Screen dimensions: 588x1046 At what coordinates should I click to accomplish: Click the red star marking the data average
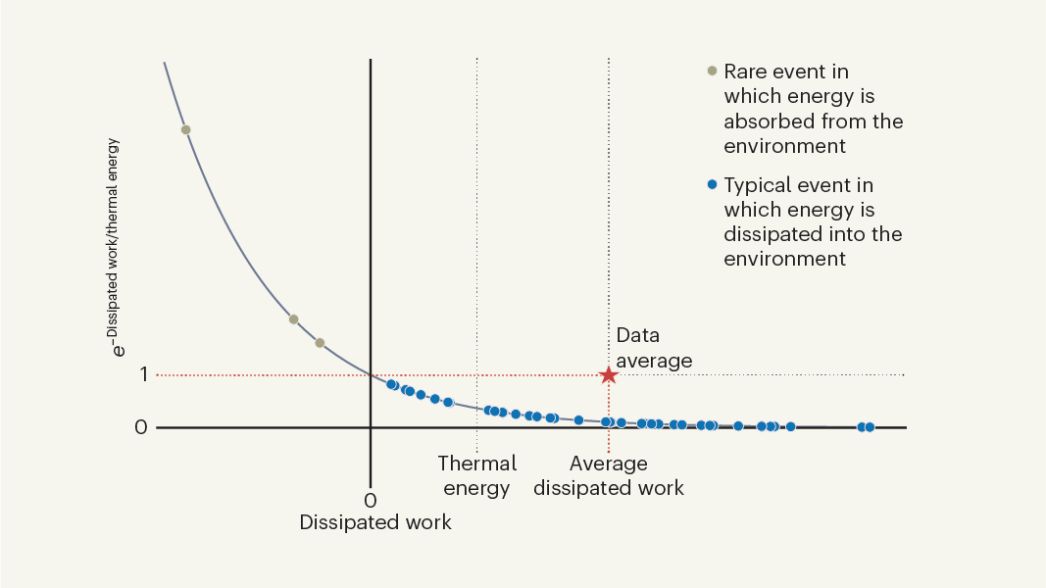[609, 374]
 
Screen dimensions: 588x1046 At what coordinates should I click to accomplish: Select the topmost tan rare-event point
[185, 129]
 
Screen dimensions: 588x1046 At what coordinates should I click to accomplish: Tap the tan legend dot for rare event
[713, 72]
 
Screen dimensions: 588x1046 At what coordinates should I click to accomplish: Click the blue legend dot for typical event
[713, 184]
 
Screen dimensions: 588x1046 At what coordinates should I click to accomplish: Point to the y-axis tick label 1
[142, 374]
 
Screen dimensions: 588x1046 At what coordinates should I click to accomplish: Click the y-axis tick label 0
[141, 427]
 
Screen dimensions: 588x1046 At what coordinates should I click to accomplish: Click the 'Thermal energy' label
[476, 475]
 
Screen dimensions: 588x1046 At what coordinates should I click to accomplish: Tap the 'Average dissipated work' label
[609, 475]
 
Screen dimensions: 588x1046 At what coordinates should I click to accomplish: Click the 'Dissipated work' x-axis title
[375, 522]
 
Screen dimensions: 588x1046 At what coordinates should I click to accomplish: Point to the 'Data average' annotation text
[654, 348]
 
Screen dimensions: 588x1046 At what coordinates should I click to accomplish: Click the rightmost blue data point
[869, 426]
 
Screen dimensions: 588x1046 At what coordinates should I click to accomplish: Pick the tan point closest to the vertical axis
[320, 343]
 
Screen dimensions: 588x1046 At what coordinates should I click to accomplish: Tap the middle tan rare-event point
[293, 319]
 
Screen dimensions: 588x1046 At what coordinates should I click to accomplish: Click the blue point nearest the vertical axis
[391, 384]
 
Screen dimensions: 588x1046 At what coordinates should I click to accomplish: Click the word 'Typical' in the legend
[757, 184]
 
